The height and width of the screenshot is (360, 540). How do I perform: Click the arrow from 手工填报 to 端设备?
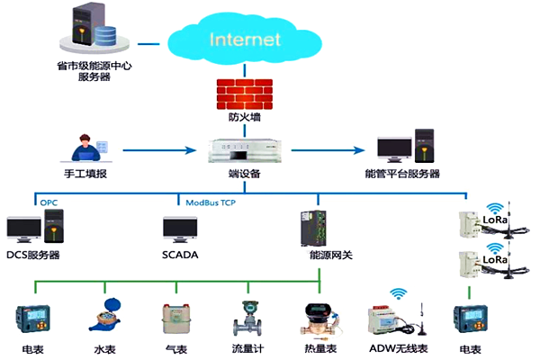click(158, 150)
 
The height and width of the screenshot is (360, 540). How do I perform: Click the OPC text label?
click(49, 203)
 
